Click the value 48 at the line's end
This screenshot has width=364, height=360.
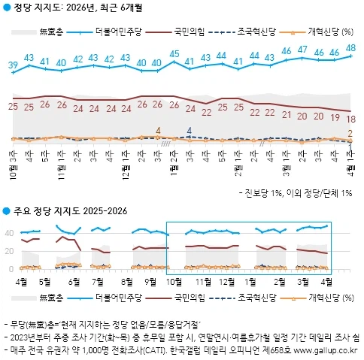(351, 47)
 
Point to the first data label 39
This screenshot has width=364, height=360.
(13, 65)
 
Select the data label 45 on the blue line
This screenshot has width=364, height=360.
(174, 53)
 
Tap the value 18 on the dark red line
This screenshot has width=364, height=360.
(351, 119)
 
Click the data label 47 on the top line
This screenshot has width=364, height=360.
(302, 50)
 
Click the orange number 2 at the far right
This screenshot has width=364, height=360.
(351, 133)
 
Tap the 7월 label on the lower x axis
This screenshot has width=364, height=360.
(117, 283)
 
